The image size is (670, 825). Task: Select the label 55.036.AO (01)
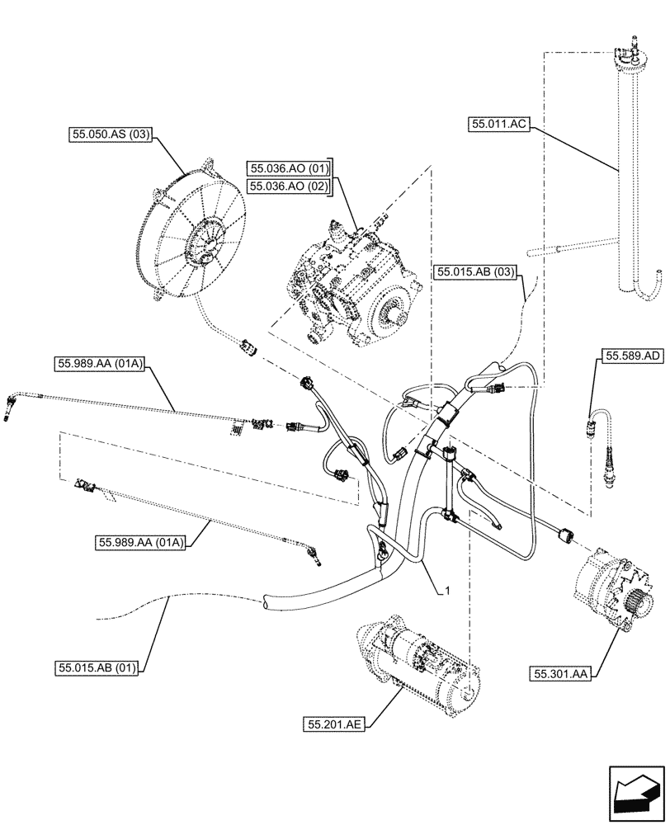pos(289,169)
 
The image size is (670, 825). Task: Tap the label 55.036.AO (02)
pos(289,186)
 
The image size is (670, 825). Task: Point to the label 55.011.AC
pos(499,125)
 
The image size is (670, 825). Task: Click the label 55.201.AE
pos(334,724)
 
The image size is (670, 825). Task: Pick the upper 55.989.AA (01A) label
pos(101,362)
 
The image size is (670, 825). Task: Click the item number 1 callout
pos(446,591)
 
